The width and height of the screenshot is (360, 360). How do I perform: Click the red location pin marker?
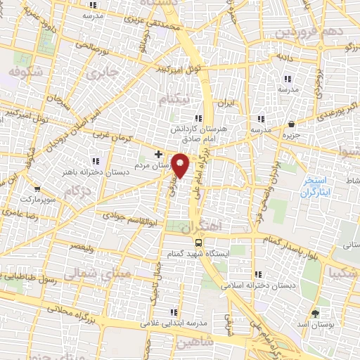coord(181,165)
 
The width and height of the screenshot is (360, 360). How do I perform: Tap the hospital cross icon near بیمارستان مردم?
coord(159,153)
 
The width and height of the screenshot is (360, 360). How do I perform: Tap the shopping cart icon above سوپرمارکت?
coord(37,189)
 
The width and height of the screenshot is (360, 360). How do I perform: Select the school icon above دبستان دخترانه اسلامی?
coord(258,274)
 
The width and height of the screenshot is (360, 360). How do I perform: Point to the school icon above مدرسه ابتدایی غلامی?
coord(172,311)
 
